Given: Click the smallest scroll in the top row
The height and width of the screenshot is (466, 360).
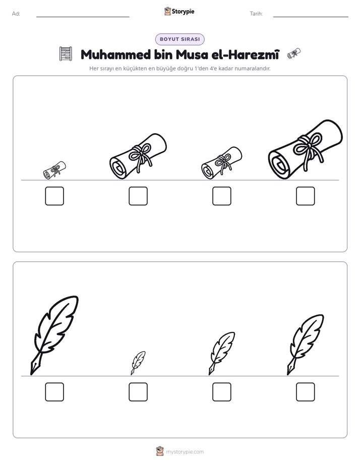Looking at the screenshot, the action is click(54, 170).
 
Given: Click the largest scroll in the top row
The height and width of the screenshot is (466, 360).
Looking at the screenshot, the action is click(306, 150).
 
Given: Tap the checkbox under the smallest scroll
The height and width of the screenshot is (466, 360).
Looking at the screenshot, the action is click(54, 196).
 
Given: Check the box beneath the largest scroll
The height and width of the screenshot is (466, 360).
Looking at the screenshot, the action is click(306, 196).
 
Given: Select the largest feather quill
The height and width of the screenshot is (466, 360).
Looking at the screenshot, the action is click(54, 335).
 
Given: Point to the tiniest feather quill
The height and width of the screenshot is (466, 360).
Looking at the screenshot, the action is click(138, 363).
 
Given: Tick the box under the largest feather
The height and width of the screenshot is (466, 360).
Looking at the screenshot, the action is click(54, 392).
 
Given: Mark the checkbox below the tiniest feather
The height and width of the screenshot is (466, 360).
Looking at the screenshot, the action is click(138, 392).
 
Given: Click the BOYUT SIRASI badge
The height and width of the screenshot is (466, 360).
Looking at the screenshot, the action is click(179, 39).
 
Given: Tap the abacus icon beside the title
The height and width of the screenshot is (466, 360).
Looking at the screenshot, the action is click(66, 54).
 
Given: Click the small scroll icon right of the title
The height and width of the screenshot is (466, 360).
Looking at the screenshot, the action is click(294, 53).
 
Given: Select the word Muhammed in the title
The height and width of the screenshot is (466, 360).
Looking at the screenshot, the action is click(115, 54).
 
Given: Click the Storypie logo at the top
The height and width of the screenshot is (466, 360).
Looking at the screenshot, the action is click(179, 11).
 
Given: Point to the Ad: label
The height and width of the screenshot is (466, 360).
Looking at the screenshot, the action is click(16, 14).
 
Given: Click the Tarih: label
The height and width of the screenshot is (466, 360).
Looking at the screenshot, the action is click(256, 14).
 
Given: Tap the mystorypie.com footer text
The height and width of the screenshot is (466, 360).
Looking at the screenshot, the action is click(185, 452).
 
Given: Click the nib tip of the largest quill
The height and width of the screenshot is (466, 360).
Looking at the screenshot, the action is click(31, 374).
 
